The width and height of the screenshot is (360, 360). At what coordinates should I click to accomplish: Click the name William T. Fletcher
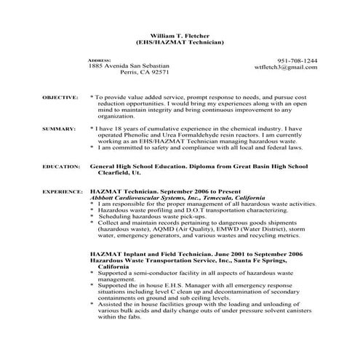pos(178,35)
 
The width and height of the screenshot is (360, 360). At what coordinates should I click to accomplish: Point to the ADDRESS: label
pos(99,59)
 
